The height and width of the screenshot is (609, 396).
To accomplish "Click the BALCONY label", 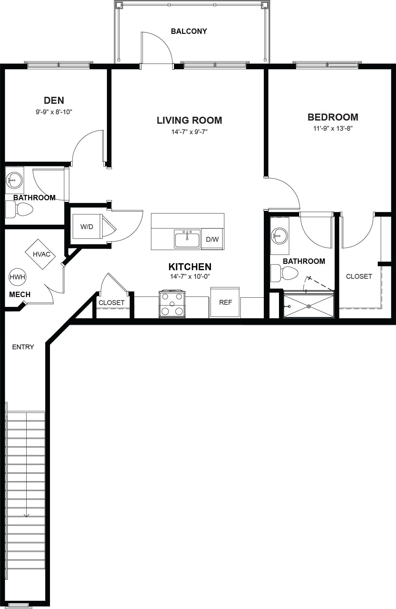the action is (189, 31).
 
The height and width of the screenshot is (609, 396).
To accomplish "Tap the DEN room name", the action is (54, 100).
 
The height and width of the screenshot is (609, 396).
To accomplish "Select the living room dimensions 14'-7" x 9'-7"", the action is (189, 132).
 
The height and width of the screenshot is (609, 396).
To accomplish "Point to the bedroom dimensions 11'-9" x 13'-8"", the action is (333, 128).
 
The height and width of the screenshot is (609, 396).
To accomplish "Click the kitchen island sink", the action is (187, 239).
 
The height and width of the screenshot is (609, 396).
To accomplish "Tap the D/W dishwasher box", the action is (212, 239).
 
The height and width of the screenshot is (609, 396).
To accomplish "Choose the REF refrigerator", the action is (225, 302).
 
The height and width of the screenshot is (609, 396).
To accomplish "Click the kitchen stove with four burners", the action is (172, 304).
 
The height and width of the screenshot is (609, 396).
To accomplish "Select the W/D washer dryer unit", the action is (87, 227).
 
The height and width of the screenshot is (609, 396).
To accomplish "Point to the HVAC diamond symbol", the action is (40, 254).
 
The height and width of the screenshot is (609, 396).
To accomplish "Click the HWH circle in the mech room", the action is (17, 277).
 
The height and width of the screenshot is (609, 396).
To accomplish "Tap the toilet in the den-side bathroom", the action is (19, 209).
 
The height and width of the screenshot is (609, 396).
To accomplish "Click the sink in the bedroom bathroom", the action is (279, 236).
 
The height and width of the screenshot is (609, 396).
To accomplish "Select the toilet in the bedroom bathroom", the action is (284, 273).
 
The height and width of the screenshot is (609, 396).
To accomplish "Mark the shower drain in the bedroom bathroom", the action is (309, 306).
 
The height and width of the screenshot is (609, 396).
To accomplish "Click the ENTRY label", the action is (23, 347).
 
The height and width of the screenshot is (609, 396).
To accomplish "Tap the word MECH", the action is (20, 295).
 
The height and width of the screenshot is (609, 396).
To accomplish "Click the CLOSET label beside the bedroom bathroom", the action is (359, 277).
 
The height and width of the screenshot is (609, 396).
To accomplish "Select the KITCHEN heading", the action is (190, 267).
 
